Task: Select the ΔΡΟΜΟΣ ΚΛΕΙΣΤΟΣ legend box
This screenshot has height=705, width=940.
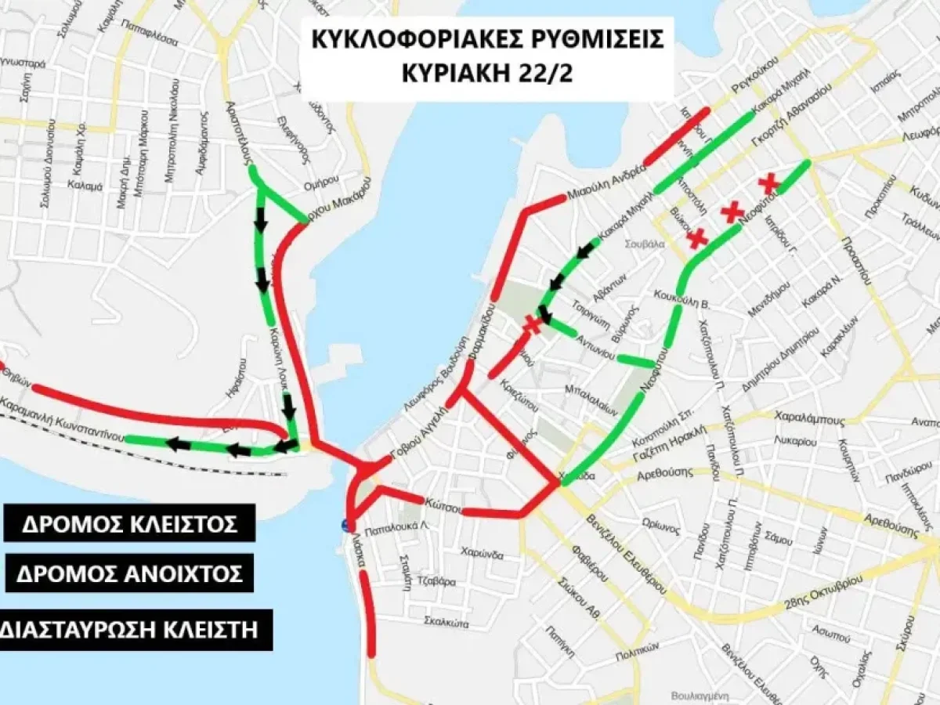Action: pos(128,523)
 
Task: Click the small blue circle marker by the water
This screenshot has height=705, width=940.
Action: pos(345,526)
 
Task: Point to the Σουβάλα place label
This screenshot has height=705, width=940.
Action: pos(645,244)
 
